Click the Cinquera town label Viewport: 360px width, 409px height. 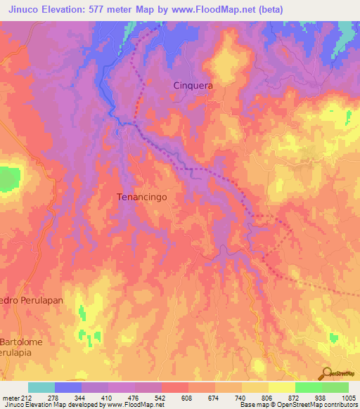click(193, 84)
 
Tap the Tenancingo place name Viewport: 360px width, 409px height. click(141, 197)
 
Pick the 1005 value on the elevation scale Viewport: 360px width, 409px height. click(349, 398)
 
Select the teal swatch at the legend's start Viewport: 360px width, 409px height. click(41, 387)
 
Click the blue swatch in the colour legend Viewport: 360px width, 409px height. click(68, 387)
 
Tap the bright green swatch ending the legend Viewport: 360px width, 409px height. click(335, 387)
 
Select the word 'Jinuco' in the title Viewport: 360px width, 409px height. click(25, 9)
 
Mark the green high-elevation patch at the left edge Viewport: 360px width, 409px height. click(7, 178)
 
